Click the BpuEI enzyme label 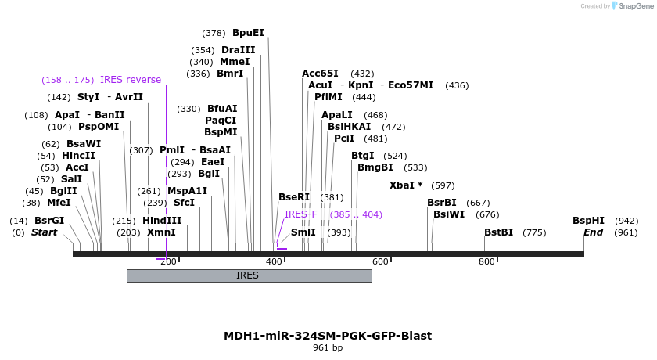click(248, 33)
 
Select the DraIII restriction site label click(239, 50)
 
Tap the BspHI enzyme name click(588, 221)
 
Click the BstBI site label click(498, 232)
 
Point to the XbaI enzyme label click(406, 185)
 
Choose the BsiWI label click(449, 214)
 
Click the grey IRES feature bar click(249, 275)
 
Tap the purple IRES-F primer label click(301, 214)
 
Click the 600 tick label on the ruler click(380, 261)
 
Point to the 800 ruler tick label click(486, 261)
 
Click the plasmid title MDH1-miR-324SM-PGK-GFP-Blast click(328, 336)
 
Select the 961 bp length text click(328, 347)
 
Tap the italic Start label click(44, 232)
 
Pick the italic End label click(593, 232)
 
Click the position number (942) click(626, 221)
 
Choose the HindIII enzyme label click(162, 221)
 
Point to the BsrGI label click(49, 221)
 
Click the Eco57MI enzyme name click(411, 85)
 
